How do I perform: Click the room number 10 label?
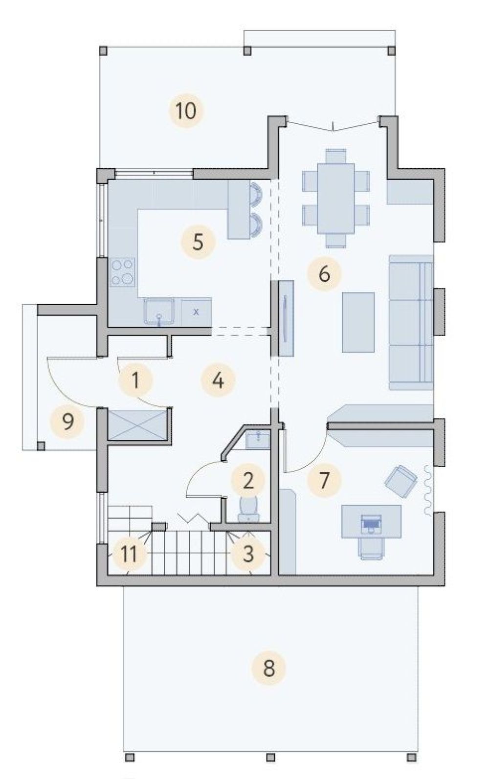point(186,111)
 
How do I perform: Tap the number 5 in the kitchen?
point(198,242)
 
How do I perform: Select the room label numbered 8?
point(269,668)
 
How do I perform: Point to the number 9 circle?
point(67,422)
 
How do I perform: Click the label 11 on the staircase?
point(129,554)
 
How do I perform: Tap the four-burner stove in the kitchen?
point(123,272)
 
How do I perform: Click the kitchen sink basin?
point(159,312)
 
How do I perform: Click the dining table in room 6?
point(335,198)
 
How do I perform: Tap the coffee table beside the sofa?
point(358,322)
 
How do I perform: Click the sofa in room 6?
point(411,322)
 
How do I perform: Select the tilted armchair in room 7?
point(401,481)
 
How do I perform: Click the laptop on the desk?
point(371,523)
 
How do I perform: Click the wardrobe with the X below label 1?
point(138,424)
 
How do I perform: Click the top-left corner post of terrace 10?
point(103,51)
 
